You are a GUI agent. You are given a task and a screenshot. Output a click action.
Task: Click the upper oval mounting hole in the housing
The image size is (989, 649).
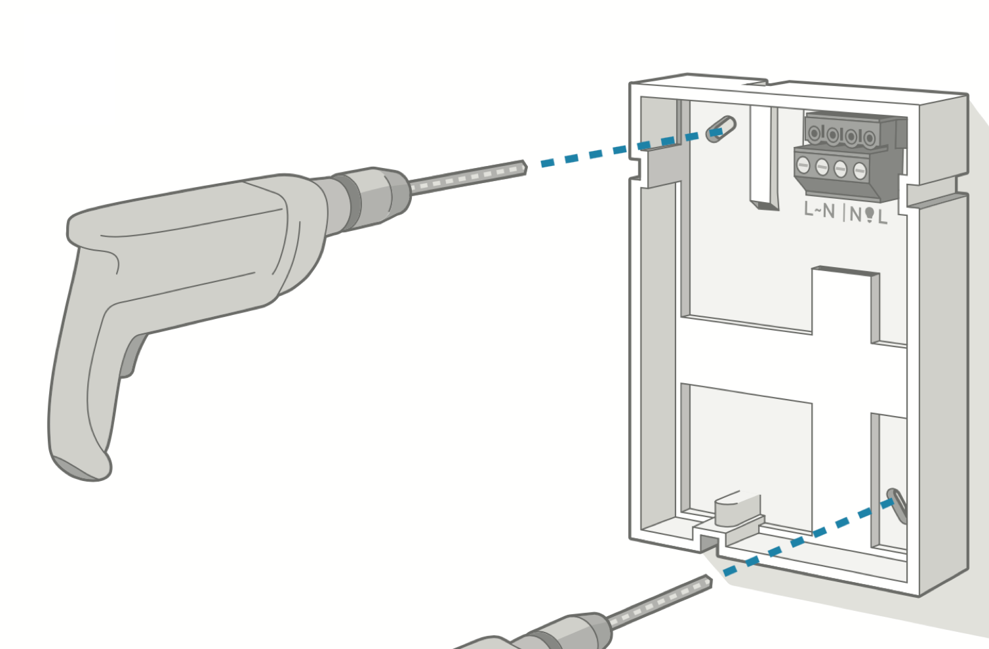(721, 129)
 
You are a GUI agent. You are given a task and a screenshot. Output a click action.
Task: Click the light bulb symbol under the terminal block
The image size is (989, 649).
(870, 215)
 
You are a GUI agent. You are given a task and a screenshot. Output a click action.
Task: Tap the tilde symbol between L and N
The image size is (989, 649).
(817, 211)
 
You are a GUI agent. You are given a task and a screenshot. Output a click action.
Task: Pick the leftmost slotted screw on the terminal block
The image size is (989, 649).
(803, 165)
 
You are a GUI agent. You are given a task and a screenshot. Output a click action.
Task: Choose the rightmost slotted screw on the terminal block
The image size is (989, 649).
(860, 171)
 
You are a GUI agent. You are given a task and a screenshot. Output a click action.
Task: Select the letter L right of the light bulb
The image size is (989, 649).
(882, 217)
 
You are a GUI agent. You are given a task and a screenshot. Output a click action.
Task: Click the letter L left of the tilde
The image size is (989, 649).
(808, 209)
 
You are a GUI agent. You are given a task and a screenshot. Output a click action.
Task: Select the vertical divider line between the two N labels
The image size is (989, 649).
(844, 213)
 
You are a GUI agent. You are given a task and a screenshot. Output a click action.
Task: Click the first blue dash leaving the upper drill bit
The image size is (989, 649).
(548, 163)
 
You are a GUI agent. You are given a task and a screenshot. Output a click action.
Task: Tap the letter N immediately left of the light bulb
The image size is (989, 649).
(856, 215)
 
